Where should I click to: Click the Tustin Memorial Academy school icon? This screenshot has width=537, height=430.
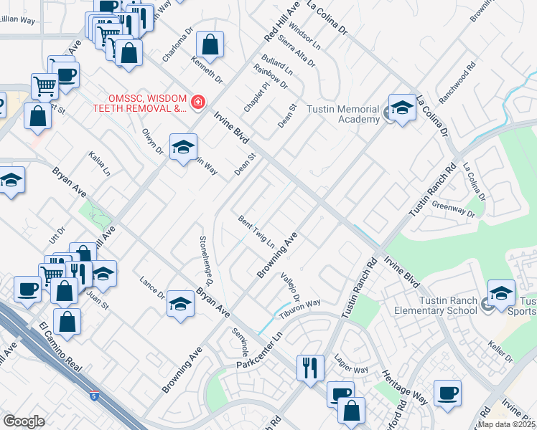pos(402,108)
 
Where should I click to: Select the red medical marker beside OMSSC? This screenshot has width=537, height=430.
pos(197,102)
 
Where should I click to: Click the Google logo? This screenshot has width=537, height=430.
pos(24,421)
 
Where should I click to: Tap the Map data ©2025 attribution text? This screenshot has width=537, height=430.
pos(507,424)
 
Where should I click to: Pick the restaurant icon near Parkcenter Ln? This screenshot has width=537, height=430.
pos(310,368)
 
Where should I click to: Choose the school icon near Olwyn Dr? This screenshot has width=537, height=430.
pos(183,147)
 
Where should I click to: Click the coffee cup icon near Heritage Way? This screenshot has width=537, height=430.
pos(448,393)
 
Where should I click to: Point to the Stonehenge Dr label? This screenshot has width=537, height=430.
pos(205,258)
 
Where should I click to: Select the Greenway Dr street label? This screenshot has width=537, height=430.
pos(454,209)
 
